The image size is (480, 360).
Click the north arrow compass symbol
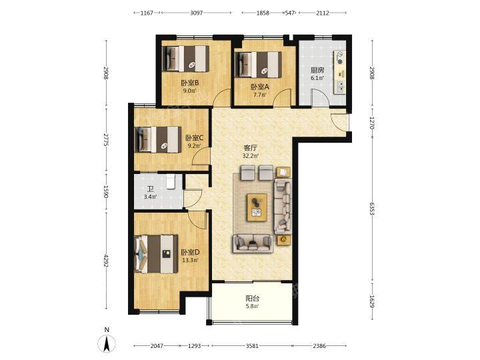pyautogui.click(x=107, y=344)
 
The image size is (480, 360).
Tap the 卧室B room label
pyautogui.click(x=190, y=83)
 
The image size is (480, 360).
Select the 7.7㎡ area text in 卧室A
pyautogui.click(x=259, y=95)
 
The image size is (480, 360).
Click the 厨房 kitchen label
pyautogui.click(x=317, y=70)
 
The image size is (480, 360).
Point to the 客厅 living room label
pyautogui.click(x=251, y=148)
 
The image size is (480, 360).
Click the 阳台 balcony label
pyautogui.click(x=252, y=298)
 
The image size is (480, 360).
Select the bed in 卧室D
pyautogui.click(x=156, y=254)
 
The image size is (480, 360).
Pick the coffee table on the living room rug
pyautogui.click(x=257, y=207)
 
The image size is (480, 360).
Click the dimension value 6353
pyautogui.click(x=372, y=209)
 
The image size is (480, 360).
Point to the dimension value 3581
pyautogui.click(x=252, y=346)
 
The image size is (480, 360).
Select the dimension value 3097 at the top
pyautogui.click(x=196, y=13)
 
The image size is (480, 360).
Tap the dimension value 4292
pyautogui.click(x=106, y=261)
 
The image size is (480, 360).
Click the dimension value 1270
pyautogui.click(x=372, y=123)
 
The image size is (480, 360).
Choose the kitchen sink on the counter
pyautogui.click(x=340, y=87)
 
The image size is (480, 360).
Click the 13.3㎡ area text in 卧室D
pyautogui.click(x=190, y=261)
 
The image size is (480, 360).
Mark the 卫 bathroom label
pyautogui.click(x=150, y=189)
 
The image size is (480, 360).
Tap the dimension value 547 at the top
pyautogui.click(x=289, y=13)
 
